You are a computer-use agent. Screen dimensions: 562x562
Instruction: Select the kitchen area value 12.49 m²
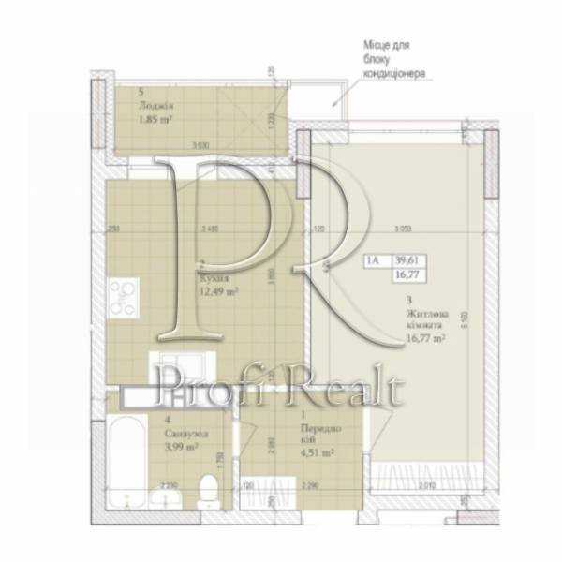pyautogui.click(x=218, y=291)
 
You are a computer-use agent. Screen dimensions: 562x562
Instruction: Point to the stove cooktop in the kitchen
pyautogui.click(x=122, y=301)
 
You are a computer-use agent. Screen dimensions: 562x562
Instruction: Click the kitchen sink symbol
pyautogui.click(x=179, y=363)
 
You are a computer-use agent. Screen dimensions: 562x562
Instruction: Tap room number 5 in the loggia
pyautogui.click(x=140, y=93)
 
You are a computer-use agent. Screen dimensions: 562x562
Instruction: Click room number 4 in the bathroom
pyautogui.click(x=166, y=421)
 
